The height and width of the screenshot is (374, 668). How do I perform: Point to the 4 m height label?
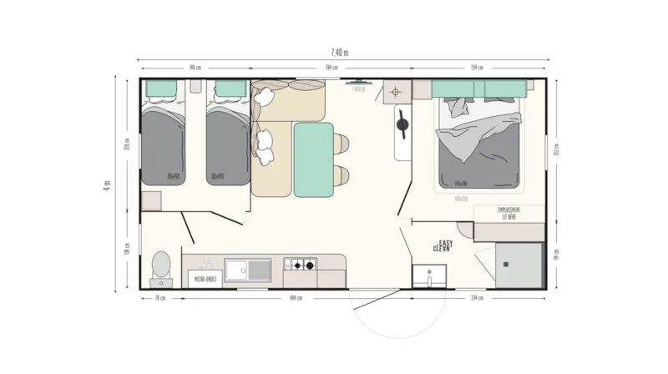tap(108, 184)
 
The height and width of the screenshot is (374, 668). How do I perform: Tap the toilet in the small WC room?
tap(161, 266)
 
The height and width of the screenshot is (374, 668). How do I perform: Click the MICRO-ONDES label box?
tap(205, 278)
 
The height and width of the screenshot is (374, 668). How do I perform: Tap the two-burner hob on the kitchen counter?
tap(301, 266)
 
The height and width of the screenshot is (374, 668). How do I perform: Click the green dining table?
tap(313, 159)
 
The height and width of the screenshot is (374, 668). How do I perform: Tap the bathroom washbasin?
tap(430, 275)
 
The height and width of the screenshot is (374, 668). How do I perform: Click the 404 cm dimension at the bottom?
tap(294, 298)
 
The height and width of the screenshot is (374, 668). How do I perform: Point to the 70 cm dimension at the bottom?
tap(159, 298)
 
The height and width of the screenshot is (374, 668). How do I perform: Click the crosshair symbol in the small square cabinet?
tap(397, 93)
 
